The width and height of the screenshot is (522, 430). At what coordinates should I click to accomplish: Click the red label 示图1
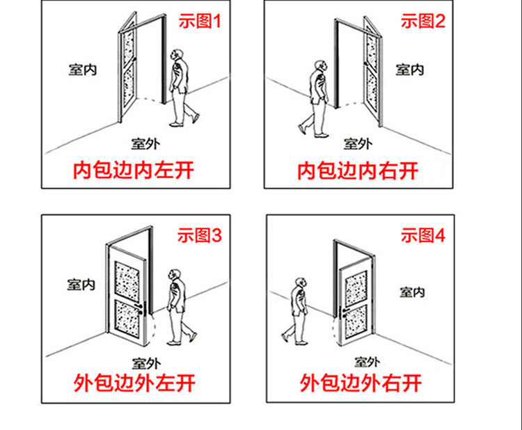[x=199, y=22]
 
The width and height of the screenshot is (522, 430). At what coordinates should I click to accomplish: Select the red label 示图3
[x=199, y=236]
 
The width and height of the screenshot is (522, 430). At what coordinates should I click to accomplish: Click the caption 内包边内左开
[x=134, y=170]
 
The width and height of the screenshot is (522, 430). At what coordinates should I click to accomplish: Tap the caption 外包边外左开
[x=134, y=382]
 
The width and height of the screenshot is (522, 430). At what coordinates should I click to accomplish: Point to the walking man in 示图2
[x=317, y=97]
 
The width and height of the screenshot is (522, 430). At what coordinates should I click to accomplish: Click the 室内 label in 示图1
[x=82, y=70]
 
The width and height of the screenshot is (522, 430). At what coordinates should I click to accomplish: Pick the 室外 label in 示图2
[x=357, y=144]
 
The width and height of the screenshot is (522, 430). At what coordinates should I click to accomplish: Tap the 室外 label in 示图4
[x=367, y=362]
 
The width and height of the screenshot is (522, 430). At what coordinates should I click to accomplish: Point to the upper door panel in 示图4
[x=356, y=287]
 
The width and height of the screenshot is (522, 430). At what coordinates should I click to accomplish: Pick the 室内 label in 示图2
[x=410, y=70]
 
